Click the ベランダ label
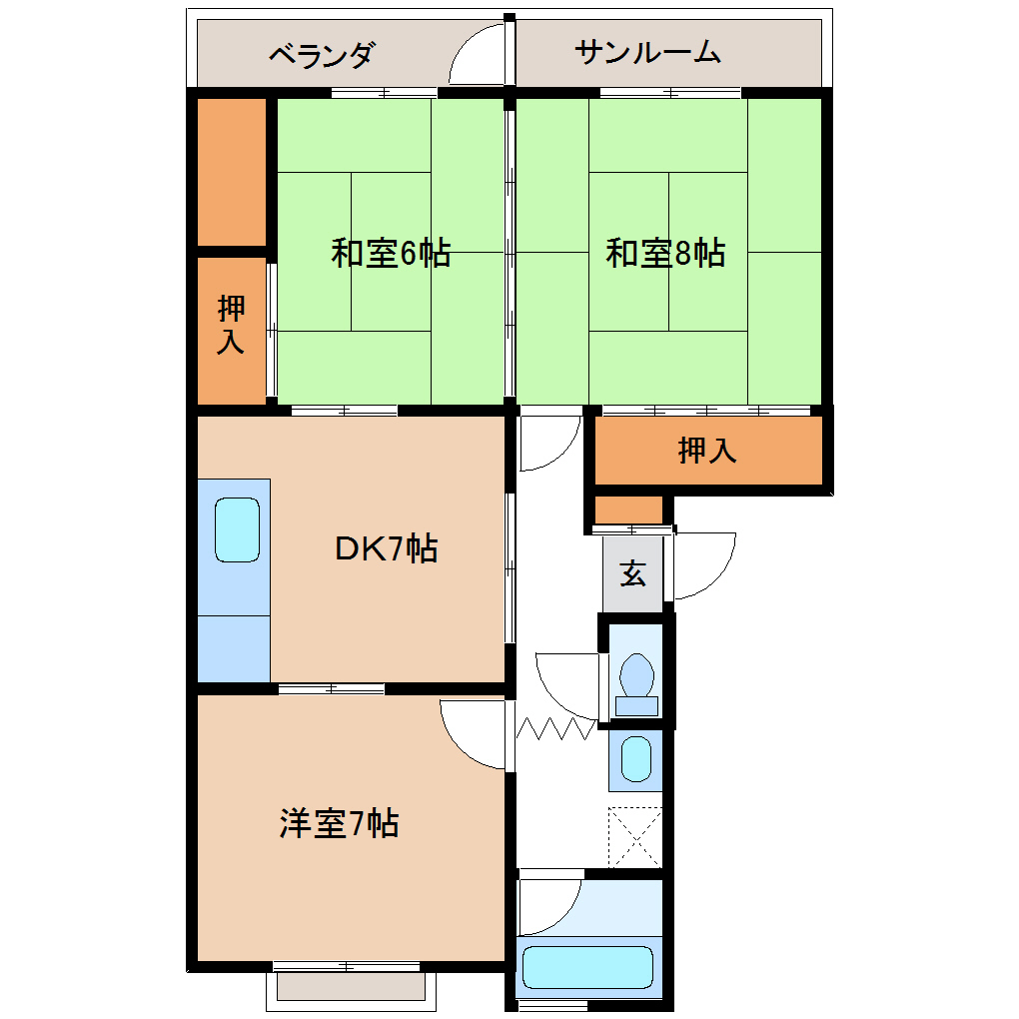322,54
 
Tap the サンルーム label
647,52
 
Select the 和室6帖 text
391,253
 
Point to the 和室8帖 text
665,253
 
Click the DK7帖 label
386,547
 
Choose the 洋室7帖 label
340,824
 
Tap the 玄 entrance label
632,574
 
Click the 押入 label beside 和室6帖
232,326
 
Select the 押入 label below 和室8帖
707,451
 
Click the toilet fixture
636,679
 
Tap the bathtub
587,967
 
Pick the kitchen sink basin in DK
238,529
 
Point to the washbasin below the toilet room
636,759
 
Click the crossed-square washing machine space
635,836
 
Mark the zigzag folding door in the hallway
556,727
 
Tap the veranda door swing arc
478,58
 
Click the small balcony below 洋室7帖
352,987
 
